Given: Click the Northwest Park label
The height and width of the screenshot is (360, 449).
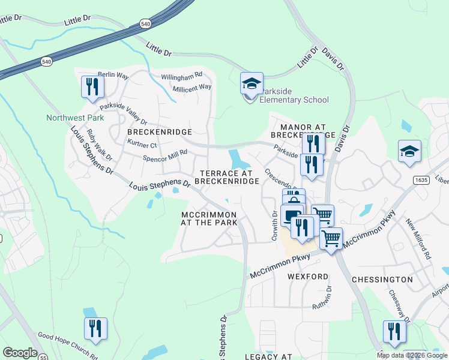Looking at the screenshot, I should coord(75,118).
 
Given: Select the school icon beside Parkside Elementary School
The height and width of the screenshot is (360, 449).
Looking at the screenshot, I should coord(252,83).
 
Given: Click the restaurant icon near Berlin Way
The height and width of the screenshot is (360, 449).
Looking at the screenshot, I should coord(92,87).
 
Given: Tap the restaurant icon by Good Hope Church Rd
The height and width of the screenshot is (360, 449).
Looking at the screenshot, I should coord(95,329).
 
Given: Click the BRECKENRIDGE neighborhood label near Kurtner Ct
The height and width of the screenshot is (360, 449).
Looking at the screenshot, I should coord(160,131).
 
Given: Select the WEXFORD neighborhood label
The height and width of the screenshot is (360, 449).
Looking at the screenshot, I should coord(308,277).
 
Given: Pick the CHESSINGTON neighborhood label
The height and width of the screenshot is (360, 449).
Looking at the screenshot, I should coord(382,280).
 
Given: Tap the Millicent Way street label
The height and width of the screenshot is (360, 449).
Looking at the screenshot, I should coord(192,87).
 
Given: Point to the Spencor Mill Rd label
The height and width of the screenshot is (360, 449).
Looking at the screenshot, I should coord(165,156).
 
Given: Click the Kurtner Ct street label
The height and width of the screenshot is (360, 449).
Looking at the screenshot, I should coord(142,144).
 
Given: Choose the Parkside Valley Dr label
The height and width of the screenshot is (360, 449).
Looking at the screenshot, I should coord(124,113).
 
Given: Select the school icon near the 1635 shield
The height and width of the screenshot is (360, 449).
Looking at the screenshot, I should coord(409,152).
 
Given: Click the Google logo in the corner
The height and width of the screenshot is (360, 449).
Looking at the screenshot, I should coord(20,353).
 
